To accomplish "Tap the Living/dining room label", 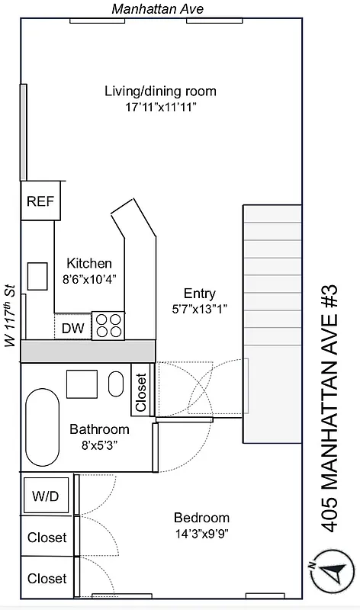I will tap(160, 91).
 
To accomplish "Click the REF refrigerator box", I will tap(40, 201).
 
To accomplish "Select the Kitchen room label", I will tap(89, 263).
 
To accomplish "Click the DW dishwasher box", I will tap(72, 328).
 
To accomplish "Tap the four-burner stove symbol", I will tap(108, 326).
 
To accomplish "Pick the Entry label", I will tap(200, 294).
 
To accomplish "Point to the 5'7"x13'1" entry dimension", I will tap(200, 309).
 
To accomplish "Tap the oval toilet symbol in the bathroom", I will tap(116, 383).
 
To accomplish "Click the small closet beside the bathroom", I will tap(141, 393).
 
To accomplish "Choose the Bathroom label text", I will tap(99, 429).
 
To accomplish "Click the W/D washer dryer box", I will tap(45, 496).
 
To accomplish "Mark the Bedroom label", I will tap(201, 517).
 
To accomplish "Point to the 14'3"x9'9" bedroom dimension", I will tap(201, 534).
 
